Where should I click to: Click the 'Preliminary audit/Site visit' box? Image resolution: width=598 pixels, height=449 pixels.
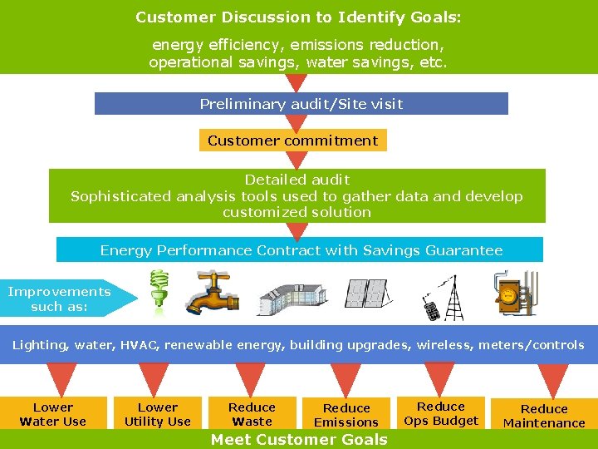click(x=301, y=104)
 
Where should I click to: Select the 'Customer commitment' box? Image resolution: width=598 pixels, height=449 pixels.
click(x=292, y=141)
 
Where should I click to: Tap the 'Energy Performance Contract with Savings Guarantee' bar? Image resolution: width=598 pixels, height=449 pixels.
click(x=301, y=250)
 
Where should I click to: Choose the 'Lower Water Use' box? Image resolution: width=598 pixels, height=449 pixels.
click(x=53, y=414)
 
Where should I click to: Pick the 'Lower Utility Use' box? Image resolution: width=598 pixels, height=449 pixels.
click(x=157, y=414)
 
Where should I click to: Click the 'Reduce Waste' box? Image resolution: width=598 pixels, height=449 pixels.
click(x=252, y=414)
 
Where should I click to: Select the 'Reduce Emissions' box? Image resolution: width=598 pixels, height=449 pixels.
click(x=346, y=414)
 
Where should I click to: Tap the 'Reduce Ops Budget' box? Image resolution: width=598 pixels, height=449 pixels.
click(x=441, y=413)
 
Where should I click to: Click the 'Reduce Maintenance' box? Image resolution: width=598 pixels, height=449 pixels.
click(x=544, y=415)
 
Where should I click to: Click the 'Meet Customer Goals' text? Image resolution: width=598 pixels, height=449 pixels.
click(x=299, y=440)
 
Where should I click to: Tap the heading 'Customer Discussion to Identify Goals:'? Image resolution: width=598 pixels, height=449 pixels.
click(x=298, y=17)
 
